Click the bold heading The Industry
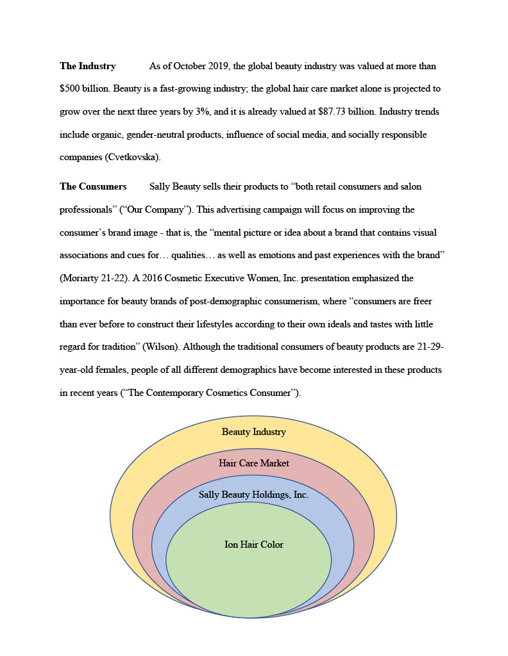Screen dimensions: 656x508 [x=88, y=66]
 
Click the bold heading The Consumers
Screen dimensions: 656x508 [x=93, y=186]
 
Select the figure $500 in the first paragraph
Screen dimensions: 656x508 [x=70, y=89]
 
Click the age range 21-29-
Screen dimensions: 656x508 [x=429, y=347]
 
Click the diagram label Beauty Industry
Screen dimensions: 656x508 [x=254, y=432]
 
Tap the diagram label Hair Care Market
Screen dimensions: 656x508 [x=254, y=463]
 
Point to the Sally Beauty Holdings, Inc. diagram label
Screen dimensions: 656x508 [x=254, y=495]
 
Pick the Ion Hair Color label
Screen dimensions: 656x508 [x=254, y=545]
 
